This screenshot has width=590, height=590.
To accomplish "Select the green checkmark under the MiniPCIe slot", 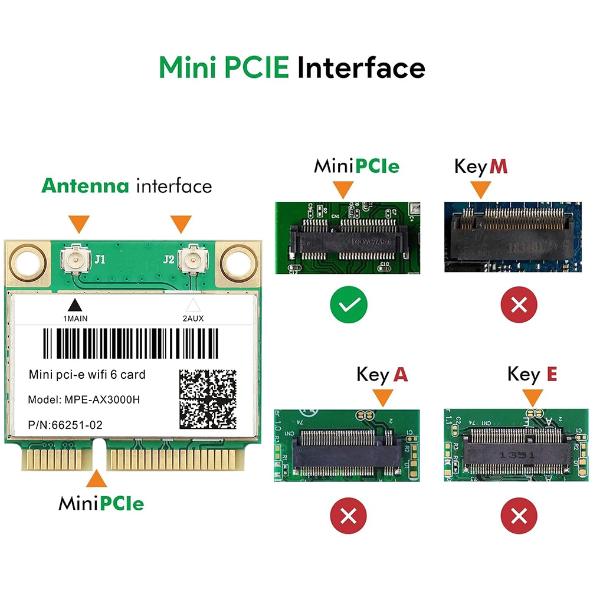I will [348, 304].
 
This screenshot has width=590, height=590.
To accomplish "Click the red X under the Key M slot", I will [519, 304].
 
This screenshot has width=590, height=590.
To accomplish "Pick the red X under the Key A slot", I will [348, 517].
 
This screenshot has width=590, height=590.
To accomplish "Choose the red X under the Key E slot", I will [519, 517].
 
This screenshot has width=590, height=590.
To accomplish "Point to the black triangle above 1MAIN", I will [74, 305].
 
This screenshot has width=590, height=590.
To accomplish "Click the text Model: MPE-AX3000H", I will [84, 399].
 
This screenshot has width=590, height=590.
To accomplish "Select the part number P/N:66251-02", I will [68, 424].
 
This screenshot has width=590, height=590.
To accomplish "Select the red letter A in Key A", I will [401, 375].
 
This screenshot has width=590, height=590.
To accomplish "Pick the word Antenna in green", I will [85, 186].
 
